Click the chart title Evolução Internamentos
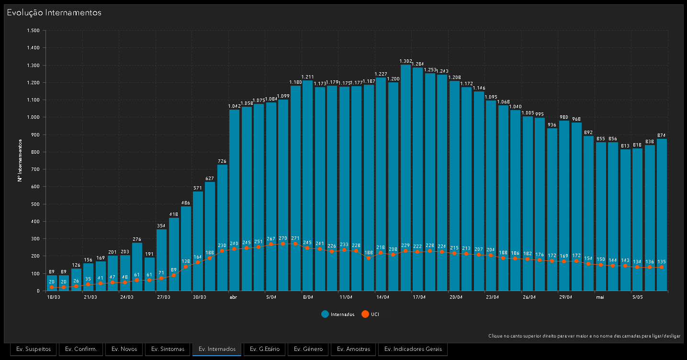pyautogui.click(x=54, y=12)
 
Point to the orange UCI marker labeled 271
pyautogui.click(x=295, y=244)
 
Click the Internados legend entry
pyautogui.click(x=338, y=314)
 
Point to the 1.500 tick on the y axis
pyautogui.click(x=34, y=31)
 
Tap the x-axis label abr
pyautogui.click(x=234, y=297)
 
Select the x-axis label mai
pyautogui.click(x=600, y=297)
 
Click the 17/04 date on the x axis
pyautogui.click(x=419, y=297)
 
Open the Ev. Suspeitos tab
pyautogui.click(x=34, y=349)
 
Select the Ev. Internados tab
pyautogui.click(x=217, y=349)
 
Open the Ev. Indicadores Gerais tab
pyautogui.click(x=413, y=349)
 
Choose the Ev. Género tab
pyautogui.click(x=308, y=349)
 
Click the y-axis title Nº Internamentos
pyautogui.click(x=20, y=160)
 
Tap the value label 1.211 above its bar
pyautogui.click(x=307, y=77)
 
